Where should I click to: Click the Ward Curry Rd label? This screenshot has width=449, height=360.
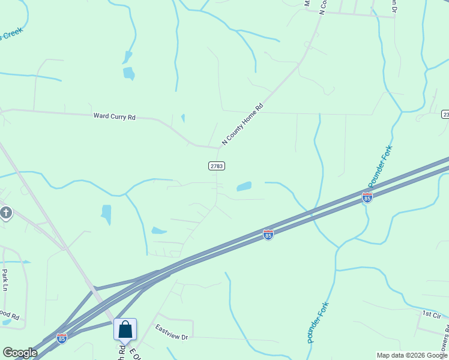pos(114,116)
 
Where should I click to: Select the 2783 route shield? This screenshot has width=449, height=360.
pos(217,166)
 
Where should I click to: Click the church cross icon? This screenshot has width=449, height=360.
pos(6,212)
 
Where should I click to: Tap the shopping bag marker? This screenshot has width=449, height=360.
pos(125,330)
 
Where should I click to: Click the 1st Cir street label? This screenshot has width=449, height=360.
pos(431,314)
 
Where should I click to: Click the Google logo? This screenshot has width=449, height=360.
pos(20,353)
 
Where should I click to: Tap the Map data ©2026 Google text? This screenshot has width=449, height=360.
pos(411,355)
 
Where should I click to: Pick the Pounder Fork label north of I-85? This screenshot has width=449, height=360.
pos(380,166)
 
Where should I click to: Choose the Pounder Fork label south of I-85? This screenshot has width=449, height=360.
pos(318,323)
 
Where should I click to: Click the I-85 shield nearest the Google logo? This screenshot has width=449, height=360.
pos(61,338)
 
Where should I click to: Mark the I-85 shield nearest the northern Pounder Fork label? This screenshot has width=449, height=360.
pos(367,197)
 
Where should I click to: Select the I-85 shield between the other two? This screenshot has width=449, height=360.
pos(268,235)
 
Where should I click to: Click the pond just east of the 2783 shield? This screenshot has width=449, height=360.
pos(244,187)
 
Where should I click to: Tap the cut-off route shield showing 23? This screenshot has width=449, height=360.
pos(445,114)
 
